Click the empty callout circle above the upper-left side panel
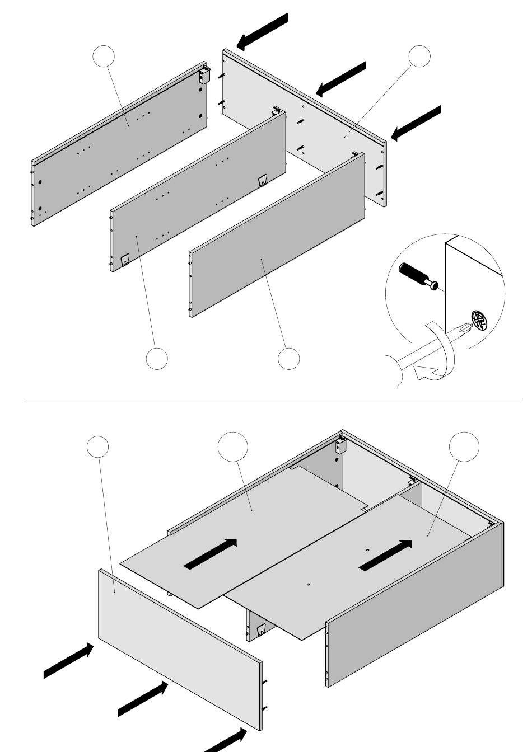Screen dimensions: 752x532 104,57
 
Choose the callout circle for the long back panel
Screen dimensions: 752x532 419,57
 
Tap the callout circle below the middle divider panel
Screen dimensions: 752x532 157,358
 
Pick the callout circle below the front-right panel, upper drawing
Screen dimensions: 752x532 289,358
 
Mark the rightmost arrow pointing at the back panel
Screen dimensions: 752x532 416,123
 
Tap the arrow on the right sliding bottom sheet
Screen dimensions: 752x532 386,556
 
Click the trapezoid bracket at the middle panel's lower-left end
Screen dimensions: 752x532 125,260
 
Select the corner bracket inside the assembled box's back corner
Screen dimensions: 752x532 339,446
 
